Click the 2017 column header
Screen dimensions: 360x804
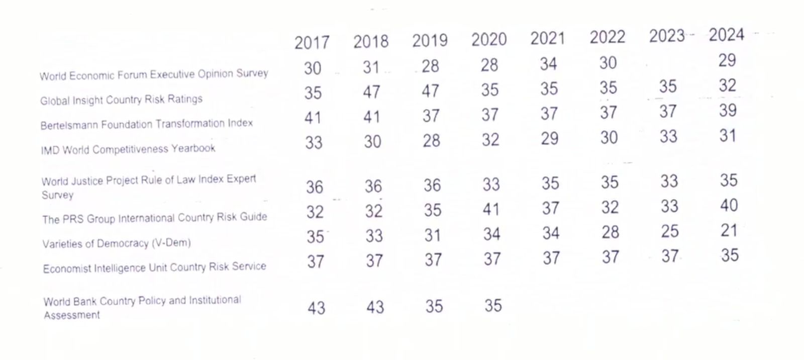coord(312,43)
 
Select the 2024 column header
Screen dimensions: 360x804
coord(726,35)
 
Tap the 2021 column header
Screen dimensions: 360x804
coord(548,39)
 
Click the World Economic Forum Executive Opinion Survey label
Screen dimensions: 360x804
coord(154,74)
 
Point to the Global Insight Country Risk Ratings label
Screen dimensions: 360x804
coord(121,100)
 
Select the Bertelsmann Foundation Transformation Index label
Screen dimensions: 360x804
coord(147,124)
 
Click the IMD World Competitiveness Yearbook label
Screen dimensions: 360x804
coord(128,149)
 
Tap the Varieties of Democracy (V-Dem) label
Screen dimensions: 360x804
coord(117,243)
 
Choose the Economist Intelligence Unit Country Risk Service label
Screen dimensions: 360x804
coord(154,267)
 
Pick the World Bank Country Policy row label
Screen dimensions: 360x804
coord(142,307)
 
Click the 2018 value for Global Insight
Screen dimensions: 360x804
coord(371,92)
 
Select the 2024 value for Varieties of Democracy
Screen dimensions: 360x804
coord(729,230)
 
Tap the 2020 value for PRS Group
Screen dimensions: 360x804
coord(491,209)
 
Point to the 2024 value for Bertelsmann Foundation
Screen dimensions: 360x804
coord(728,110)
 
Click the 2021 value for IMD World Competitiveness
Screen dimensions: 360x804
coord(549,138)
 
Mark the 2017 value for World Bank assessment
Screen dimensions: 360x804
coord(316,308)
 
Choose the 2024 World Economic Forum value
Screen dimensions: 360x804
coord(727,60)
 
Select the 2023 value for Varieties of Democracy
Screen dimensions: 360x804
coord(669,231)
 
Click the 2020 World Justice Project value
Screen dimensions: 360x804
coord(491,185)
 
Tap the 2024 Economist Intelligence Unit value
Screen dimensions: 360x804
coord(730,255)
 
